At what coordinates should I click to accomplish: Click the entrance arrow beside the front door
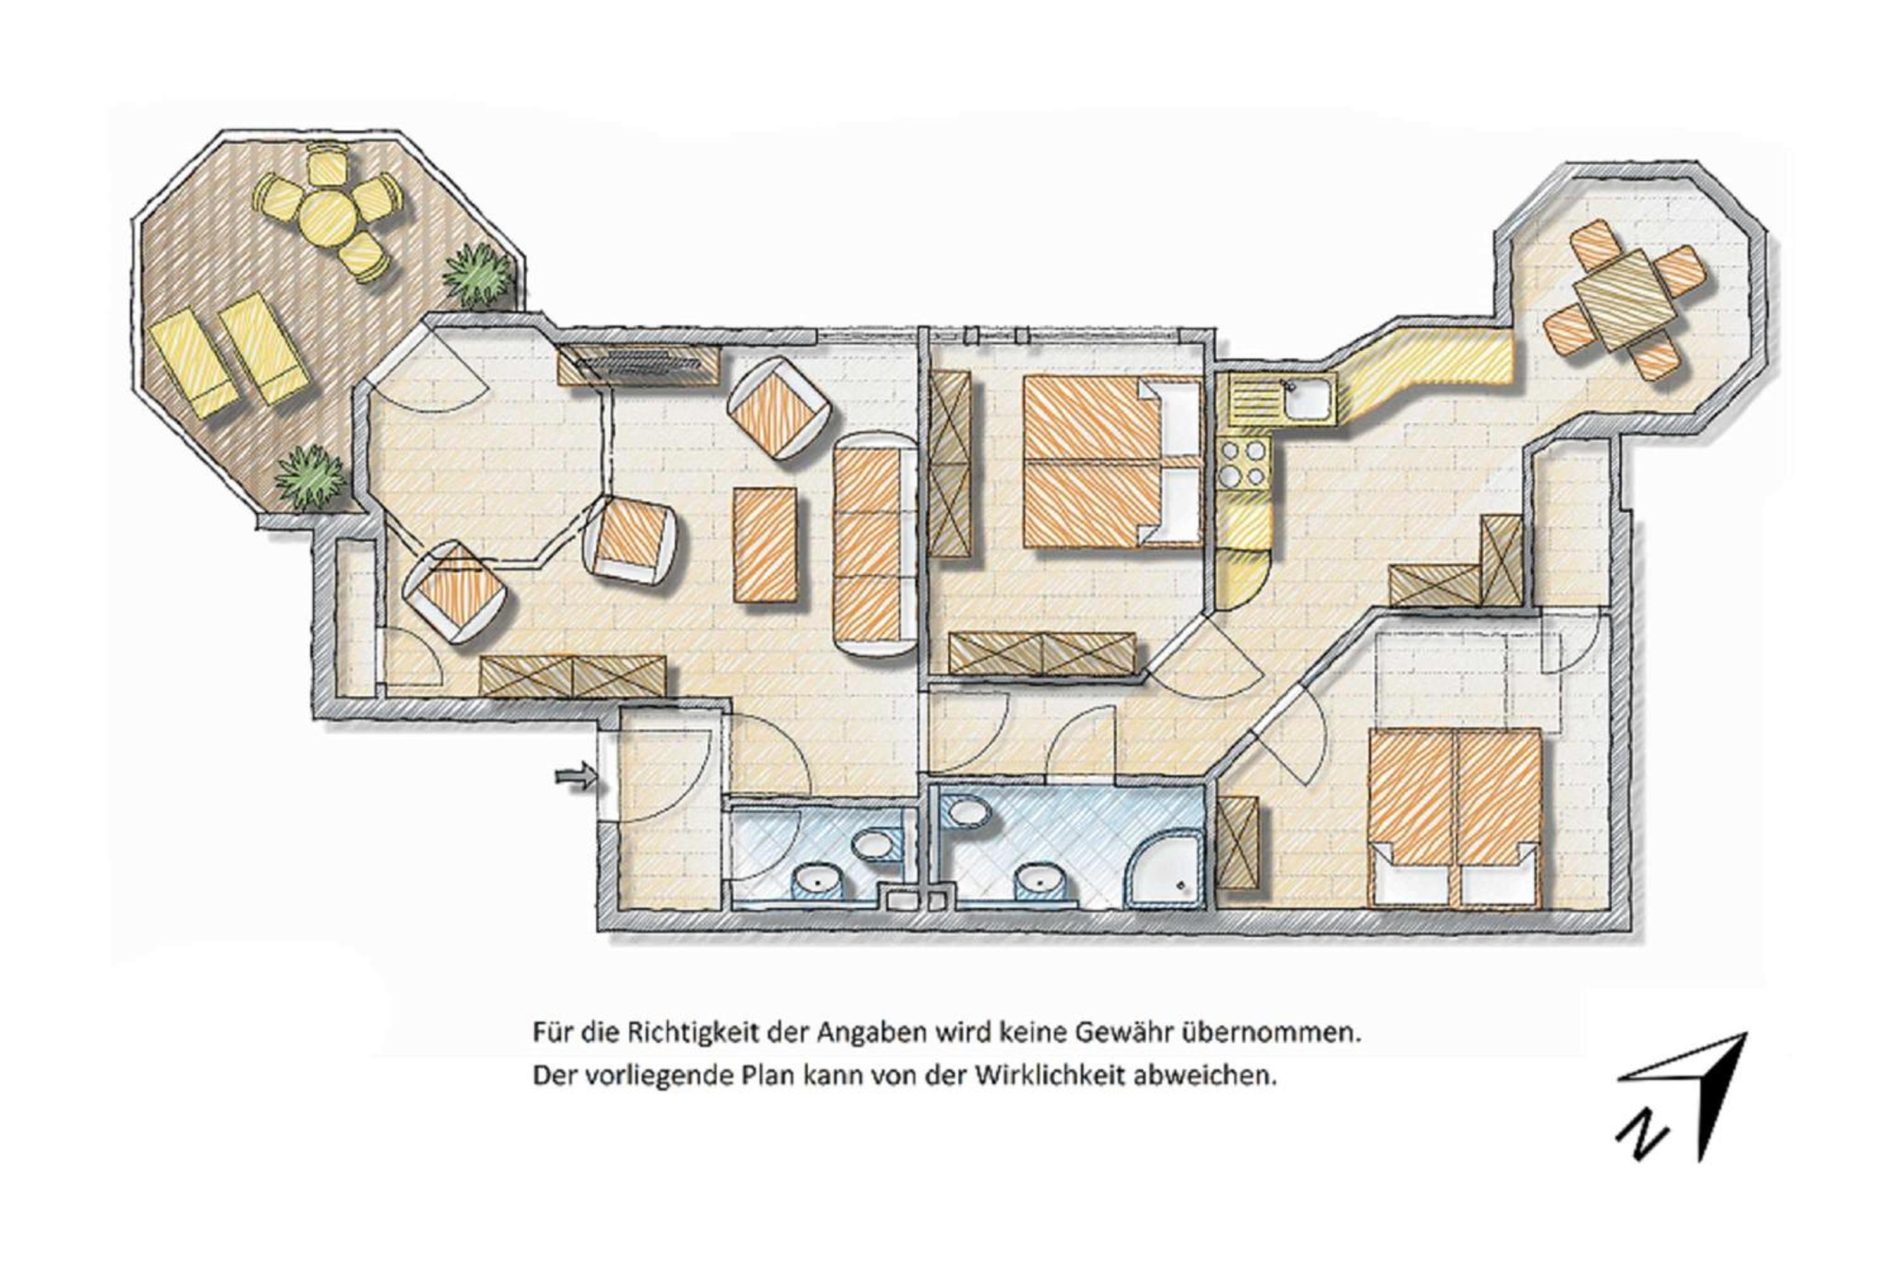tap(575, 777)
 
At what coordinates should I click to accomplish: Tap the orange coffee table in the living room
tap(765, 544)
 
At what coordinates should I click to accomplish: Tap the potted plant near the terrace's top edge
tap(478, 275)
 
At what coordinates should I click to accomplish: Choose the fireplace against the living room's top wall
tap(639, 365)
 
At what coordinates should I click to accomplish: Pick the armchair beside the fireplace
tap(779, 408)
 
